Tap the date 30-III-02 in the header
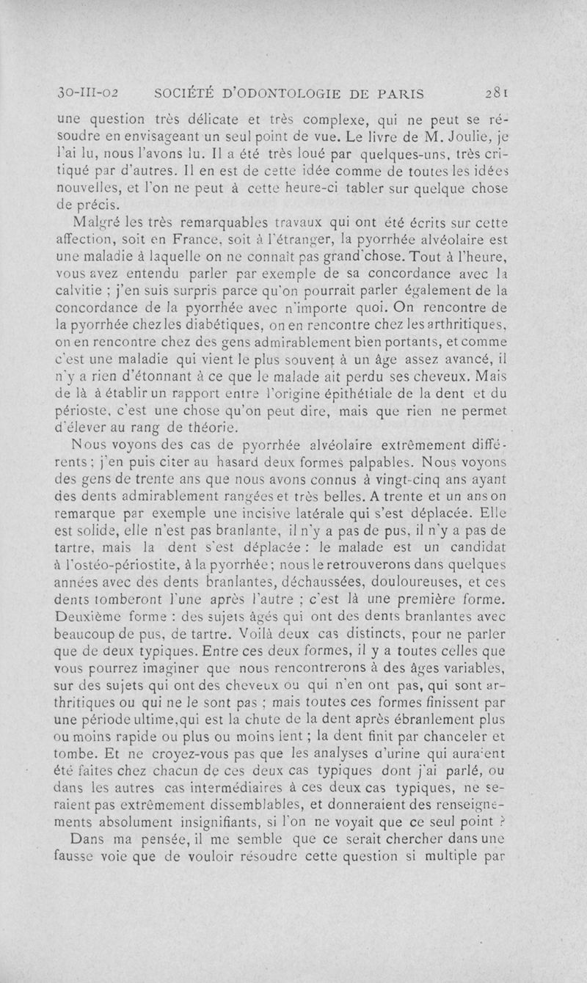click(88, 93)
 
